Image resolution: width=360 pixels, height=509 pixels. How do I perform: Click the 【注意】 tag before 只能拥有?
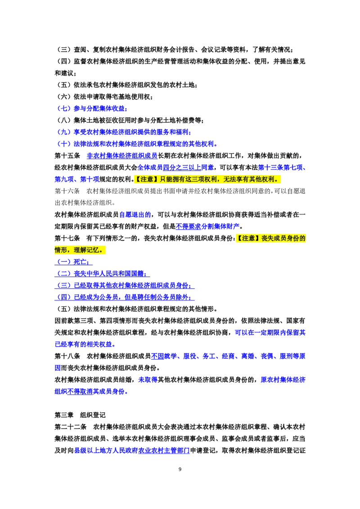point(144,179)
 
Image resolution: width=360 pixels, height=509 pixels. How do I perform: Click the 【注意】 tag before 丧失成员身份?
point(245,238)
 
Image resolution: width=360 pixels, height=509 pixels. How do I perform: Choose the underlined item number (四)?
point(63,297)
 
